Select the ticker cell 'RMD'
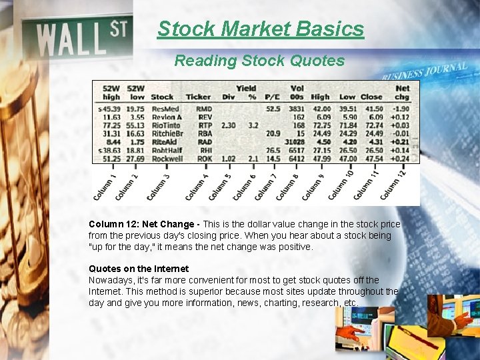coord(204,108)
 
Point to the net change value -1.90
coord(401,108)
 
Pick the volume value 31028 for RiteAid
coord(295,142)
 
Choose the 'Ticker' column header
coord(198,97)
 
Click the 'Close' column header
coord(371,97)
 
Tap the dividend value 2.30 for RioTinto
coord(228,125)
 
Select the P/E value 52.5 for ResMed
coord(273,108)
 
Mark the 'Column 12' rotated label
coord(393,184)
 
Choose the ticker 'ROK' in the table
coord(204,159)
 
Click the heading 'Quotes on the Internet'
coord(139,269)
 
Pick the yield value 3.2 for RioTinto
coord(253,125)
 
